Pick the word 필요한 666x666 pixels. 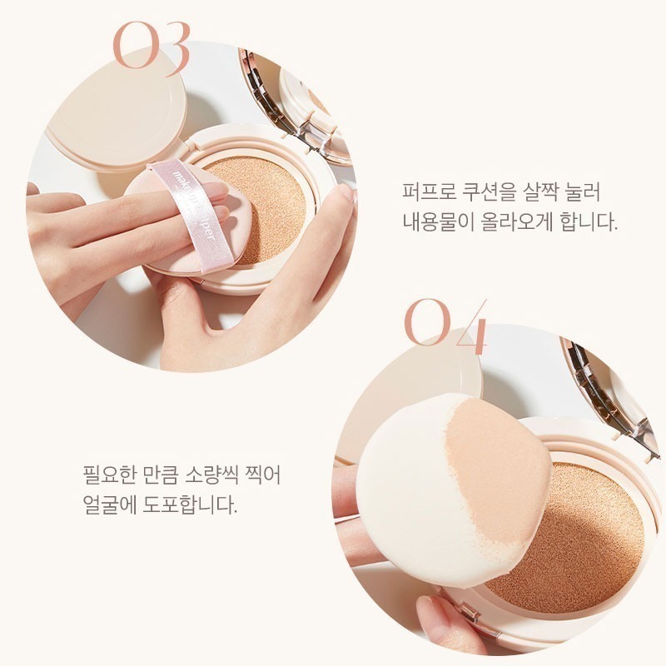pos(102,474)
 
